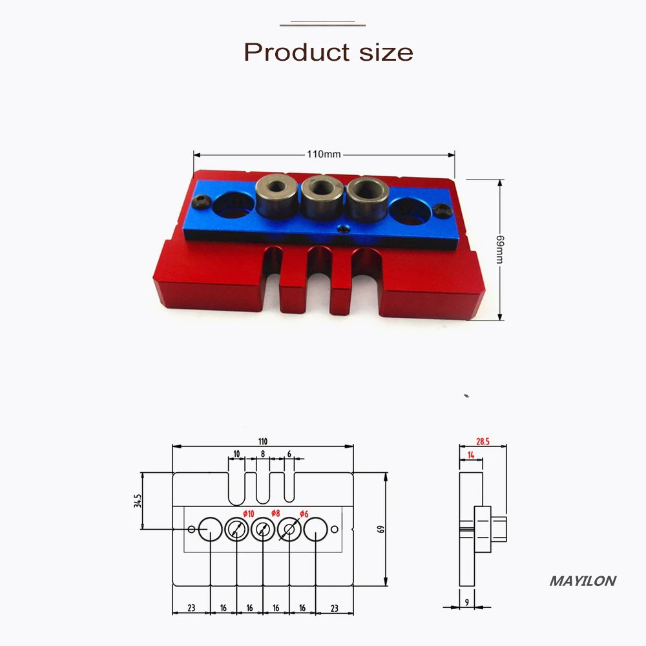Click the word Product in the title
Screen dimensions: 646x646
tap(297, 52)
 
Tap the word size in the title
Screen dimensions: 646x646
tap(386, 53)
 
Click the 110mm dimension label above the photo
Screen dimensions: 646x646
tap(324, 154)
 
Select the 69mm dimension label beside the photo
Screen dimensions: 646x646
tap(500, 249)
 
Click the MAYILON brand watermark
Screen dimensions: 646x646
tap(583, 581)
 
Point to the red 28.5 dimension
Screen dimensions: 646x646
tap(483, 442)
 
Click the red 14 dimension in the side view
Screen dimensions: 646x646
tap(471, 455)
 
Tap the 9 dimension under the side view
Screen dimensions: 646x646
tap(467, 602)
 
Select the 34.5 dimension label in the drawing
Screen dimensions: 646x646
tap(137, 501)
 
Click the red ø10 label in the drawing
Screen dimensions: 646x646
tap(249, 514)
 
